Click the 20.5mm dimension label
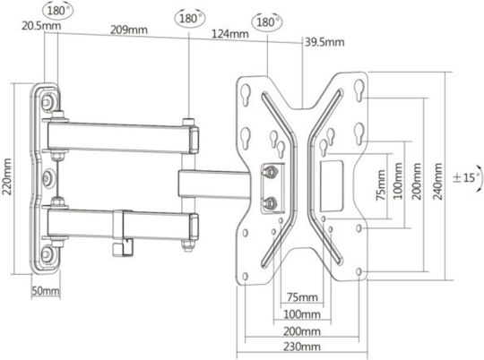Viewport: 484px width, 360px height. point(41,26)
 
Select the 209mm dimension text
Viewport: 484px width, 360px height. point(129,30)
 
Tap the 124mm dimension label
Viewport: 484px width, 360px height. point(230,34)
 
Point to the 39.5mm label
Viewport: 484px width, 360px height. point(324,42)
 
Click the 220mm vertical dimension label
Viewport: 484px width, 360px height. point(7,176)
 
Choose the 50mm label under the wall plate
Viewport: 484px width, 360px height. point(46,290)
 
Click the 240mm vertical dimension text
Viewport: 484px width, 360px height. point(437,181)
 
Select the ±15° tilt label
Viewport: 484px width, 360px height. point(467,177)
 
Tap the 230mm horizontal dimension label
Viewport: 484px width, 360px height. point(301,347)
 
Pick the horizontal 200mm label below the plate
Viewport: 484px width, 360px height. point(301,331)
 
